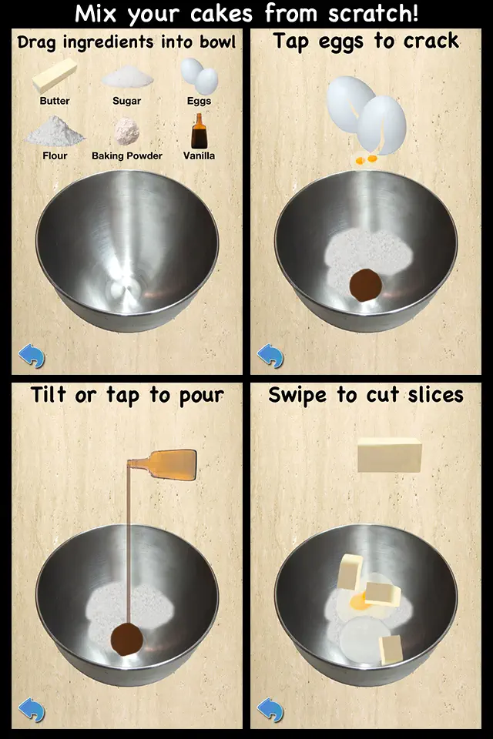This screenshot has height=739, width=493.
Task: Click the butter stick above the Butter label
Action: (54, 75)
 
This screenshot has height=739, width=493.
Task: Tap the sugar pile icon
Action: (127, 77)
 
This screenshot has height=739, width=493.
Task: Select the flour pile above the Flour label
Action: (55, 131)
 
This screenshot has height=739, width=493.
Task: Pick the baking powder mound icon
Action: (127, 132)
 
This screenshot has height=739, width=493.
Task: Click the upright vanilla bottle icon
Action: (199, 131)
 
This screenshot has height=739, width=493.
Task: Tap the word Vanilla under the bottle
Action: (199, 155)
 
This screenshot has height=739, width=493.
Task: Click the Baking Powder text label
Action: (127, 155)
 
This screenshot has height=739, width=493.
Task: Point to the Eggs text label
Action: (199, 101)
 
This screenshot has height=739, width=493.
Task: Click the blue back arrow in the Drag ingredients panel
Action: (32, 356)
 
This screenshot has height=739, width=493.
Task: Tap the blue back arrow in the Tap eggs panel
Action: (270, 356)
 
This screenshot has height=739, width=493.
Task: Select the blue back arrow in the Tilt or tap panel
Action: (32, 710)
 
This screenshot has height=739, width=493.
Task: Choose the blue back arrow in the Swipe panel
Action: (270, 710)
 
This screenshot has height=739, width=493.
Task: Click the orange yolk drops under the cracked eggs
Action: (366, 159)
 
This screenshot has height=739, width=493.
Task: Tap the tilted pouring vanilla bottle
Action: (162, 465)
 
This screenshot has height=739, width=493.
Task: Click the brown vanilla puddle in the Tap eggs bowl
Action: (366, 285)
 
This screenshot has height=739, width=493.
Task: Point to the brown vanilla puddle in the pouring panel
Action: (127, 639)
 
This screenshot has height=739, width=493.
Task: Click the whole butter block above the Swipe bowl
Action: (389, 455)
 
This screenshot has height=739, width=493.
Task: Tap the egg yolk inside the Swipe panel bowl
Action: (358, 601)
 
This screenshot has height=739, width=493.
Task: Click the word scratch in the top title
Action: (373, 13)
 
